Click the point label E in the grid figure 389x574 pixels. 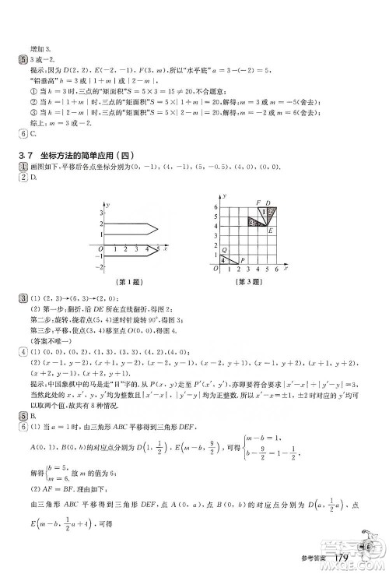click(270, 231)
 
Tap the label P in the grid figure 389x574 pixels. click(242, 260)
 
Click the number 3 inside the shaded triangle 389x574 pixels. click(250, 222)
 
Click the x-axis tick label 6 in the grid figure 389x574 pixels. click(276, 269)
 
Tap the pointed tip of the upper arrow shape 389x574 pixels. click(159, 229)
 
